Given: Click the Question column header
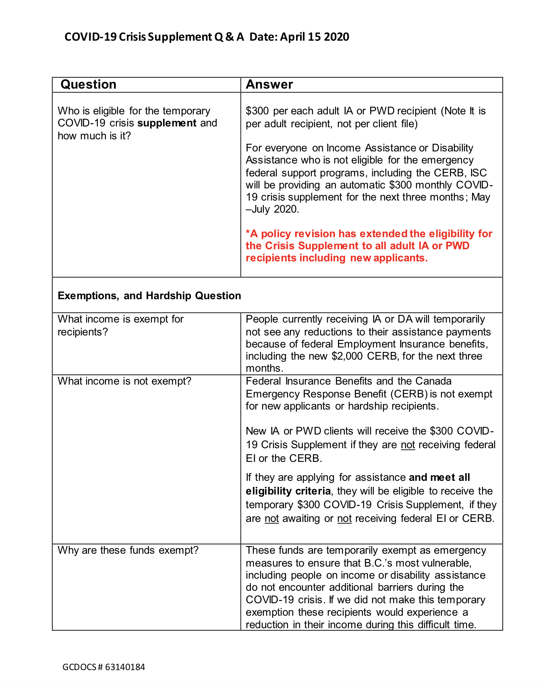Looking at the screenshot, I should point(88,85).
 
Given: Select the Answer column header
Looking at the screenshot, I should point(269,85).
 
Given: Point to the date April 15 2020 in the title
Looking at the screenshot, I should point(315,37).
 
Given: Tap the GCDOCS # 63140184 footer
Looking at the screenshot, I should point(104,667).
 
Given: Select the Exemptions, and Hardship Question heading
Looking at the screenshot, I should point(149,296).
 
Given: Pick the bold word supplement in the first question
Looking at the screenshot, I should point(167,123).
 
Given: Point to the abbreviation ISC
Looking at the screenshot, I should point(479,173).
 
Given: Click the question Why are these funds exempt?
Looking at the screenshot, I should point(128,550).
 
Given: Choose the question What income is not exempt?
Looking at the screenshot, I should point(124,381).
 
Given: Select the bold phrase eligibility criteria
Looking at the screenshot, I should point(288,491).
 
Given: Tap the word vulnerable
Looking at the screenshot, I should point(447,563).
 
